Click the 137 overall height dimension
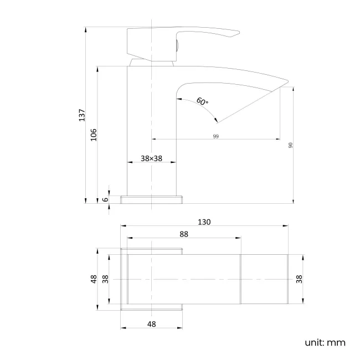(81, 115)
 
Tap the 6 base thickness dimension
(105, 199)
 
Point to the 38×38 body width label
(151, 158)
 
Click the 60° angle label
(203, 102)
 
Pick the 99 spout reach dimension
(215, 136)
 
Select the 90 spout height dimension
(290, 145)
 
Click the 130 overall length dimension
(204, 222)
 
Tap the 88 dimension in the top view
(184, 234)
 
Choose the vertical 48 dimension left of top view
(94, 279)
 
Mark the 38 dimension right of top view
(300, 279)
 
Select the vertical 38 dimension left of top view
(105, 279)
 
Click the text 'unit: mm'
(325, 342)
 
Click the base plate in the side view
(151, 199)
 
